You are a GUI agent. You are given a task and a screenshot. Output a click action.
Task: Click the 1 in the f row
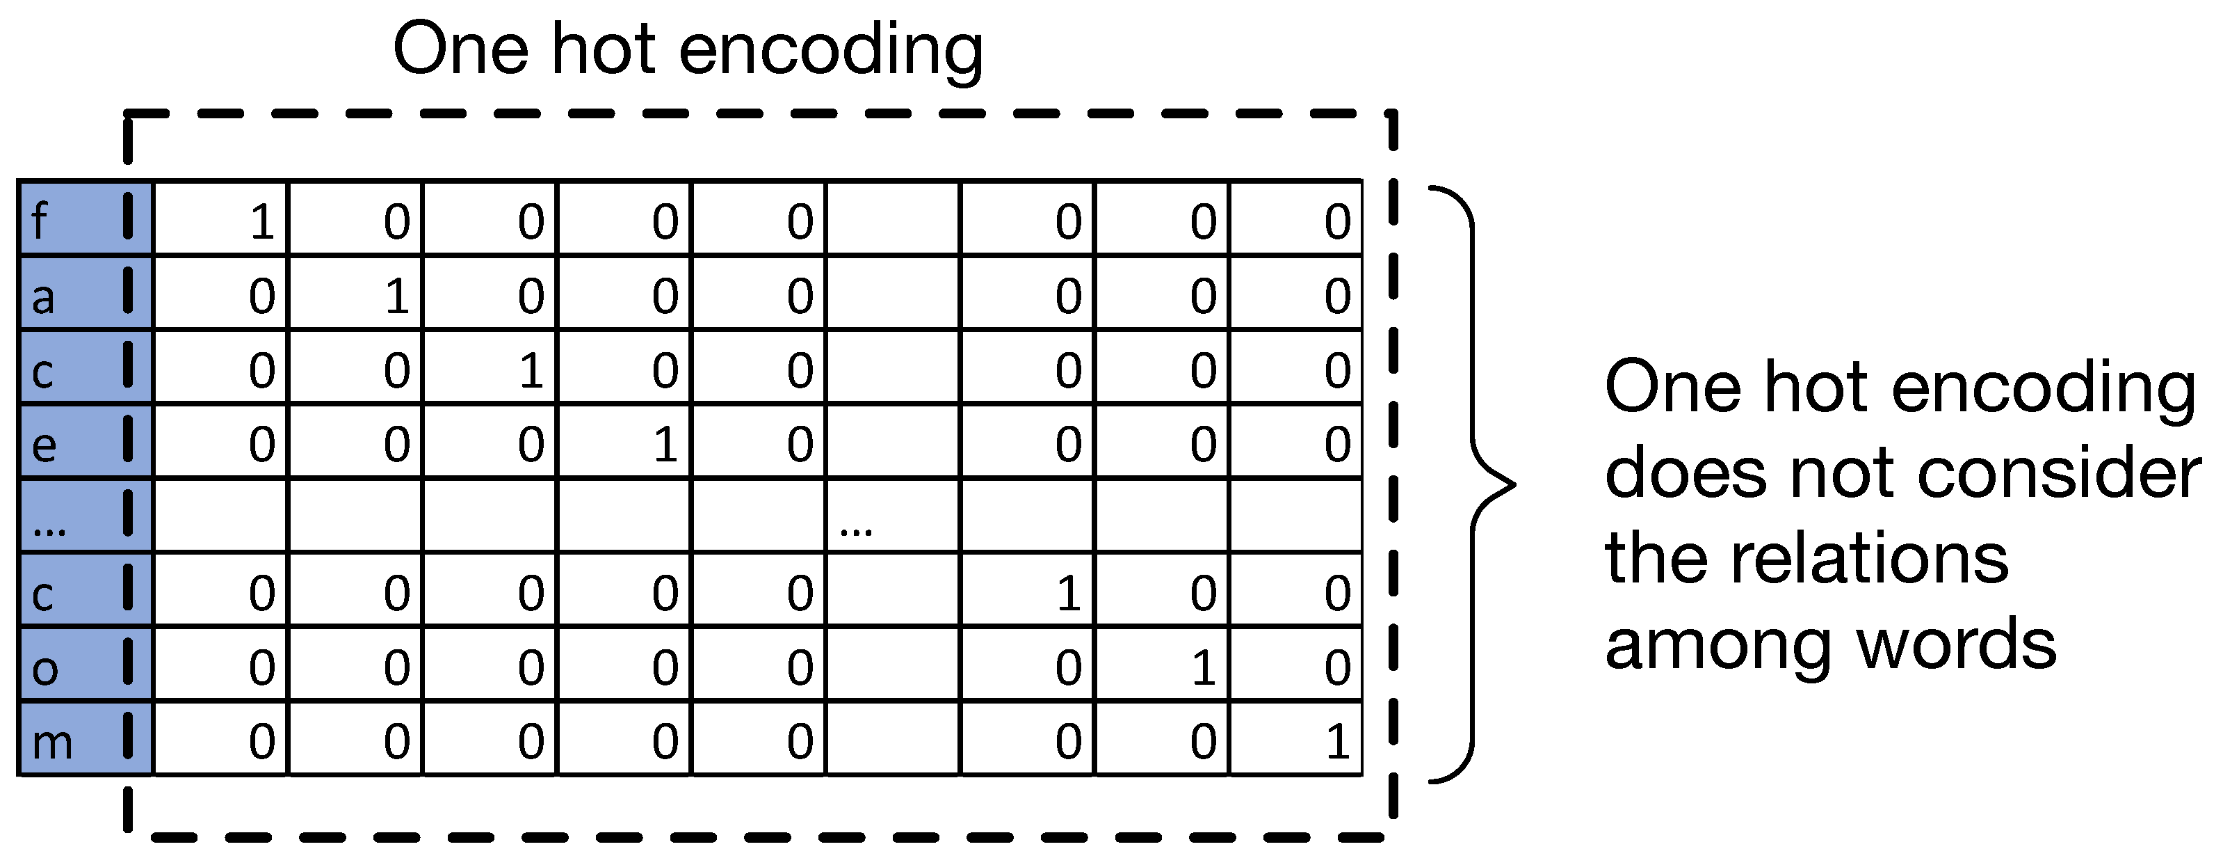(262, 222)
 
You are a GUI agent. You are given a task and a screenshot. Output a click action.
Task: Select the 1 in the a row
(396, 296)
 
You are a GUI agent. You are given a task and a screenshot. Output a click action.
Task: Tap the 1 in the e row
(665, 445)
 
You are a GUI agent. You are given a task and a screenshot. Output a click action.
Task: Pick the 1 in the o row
(1203, 667)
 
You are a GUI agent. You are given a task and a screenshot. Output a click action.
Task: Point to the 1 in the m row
(1338, 742)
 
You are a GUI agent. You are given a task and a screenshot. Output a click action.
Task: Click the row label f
(39, 220)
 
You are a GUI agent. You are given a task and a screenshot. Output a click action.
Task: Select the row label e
(44, 445)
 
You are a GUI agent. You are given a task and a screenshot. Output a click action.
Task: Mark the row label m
(51, 743)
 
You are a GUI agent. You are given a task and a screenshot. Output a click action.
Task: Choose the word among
(1717, 646)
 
